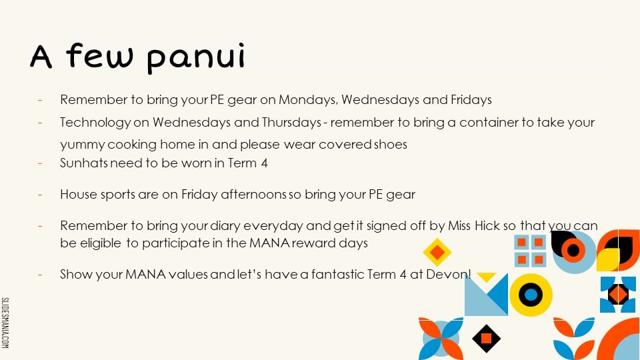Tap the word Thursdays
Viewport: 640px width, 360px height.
(291, 123)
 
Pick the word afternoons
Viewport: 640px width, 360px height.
(253, 194)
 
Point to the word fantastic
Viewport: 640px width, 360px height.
(337, 274)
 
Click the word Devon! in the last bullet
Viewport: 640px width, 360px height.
(449, 274)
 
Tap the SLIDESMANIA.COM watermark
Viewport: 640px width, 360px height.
(5, 323)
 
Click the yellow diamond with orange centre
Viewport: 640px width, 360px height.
(437, 252)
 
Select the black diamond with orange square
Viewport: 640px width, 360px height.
(486, 339)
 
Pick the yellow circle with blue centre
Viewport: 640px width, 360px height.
(531, 295)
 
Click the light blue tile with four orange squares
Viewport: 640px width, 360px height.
(530, 251)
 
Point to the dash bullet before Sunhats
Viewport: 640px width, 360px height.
(40, 163)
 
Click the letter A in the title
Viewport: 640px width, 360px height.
(41, 56)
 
